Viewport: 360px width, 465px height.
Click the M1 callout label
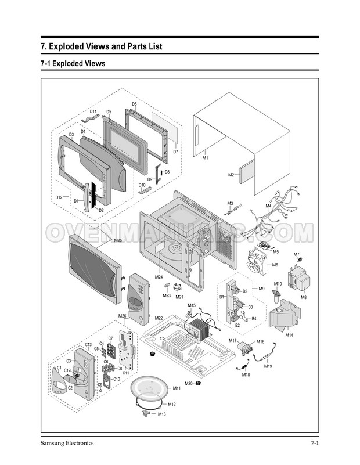[x=206, y=158]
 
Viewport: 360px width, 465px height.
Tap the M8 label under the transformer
[x=303, y=297]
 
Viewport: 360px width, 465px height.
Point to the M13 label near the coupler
[x=162, y=414]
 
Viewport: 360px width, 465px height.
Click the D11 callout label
[x=93, y=111]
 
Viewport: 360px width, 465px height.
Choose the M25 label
[x=118, y=240]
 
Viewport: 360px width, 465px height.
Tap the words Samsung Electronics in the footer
[x=67, y=444]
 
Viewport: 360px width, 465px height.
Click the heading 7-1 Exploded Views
[x=73, y=63]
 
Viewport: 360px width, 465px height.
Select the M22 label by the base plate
[x=159, y=318]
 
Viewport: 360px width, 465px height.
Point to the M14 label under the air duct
[x=289, y=335]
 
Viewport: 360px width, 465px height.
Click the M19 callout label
[x=268, y=366]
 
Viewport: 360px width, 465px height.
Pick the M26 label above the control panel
[x=123, y=316]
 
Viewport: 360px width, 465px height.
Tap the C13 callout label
[x=88, y=345]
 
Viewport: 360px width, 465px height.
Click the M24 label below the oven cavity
[x=159, y=277]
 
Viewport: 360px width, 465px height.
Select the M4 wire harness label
[x=269, y=206]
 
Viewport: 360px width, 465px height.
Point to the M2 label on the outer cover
[x=231, y=175]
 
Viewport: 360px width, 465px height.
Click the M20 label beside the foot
[x=189, y=384]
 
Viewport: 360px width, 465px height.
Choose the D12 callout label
[x=59, y=197]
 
